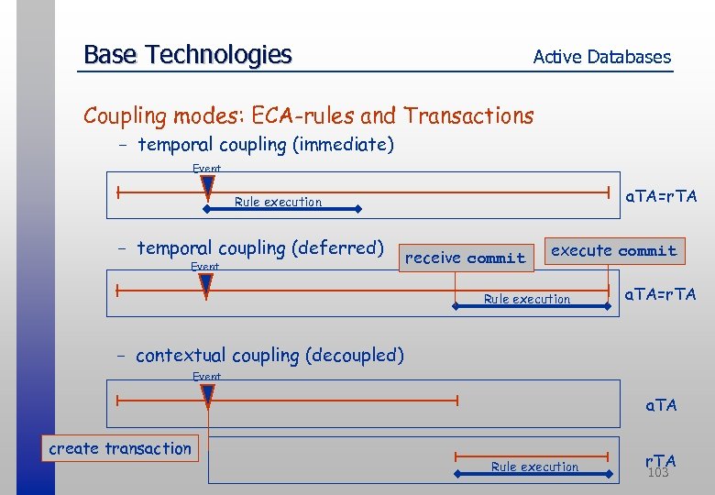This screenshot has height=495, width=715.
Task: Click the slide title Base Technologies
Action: [x=187, y=55]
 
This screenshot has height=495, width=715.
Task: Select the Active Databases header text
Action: [x=601, y=57]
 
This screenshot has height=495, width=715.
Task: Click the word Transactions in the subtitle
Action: [x=468, y=115]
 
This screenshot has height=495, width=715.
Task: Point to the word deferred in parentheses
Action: [x=340, y=247]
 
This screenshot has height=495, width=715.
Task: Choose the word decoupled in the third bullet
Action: [x=357, y=355]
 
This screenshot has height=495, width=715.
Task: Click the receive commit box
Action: [x=466, y=258]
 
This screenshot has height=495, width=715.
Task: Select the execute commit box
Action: [x=613, y=251]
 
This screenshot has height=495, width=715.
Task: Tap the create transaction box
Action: [x=120, y=448]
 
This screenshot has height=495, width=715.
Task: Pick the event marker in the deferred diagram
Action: [x=205, y=287]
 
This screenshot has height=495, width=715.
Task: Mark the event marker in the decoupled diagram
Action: [x=207, y=396]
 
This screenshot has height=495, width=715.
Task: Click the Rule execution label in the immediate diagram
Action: [x=278, y=202]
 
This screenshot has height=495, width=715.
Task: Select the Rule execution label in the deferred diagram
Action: [x=527, y=299]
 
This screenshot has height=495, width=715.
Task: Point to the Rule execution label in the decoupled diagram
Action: [x=534, y=467]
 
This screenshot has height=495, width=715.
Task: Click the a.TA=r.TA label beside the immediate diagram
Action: [x=660, y=196]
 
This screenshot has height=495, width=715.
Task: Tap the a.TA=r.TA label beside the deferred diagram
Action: [x=660, y=294]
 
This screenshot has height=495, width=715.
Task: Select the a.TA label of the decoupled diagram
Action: [x=661, y=404]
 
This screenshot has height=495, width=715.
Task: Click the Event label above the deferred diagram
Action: [x=204, y=267]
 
